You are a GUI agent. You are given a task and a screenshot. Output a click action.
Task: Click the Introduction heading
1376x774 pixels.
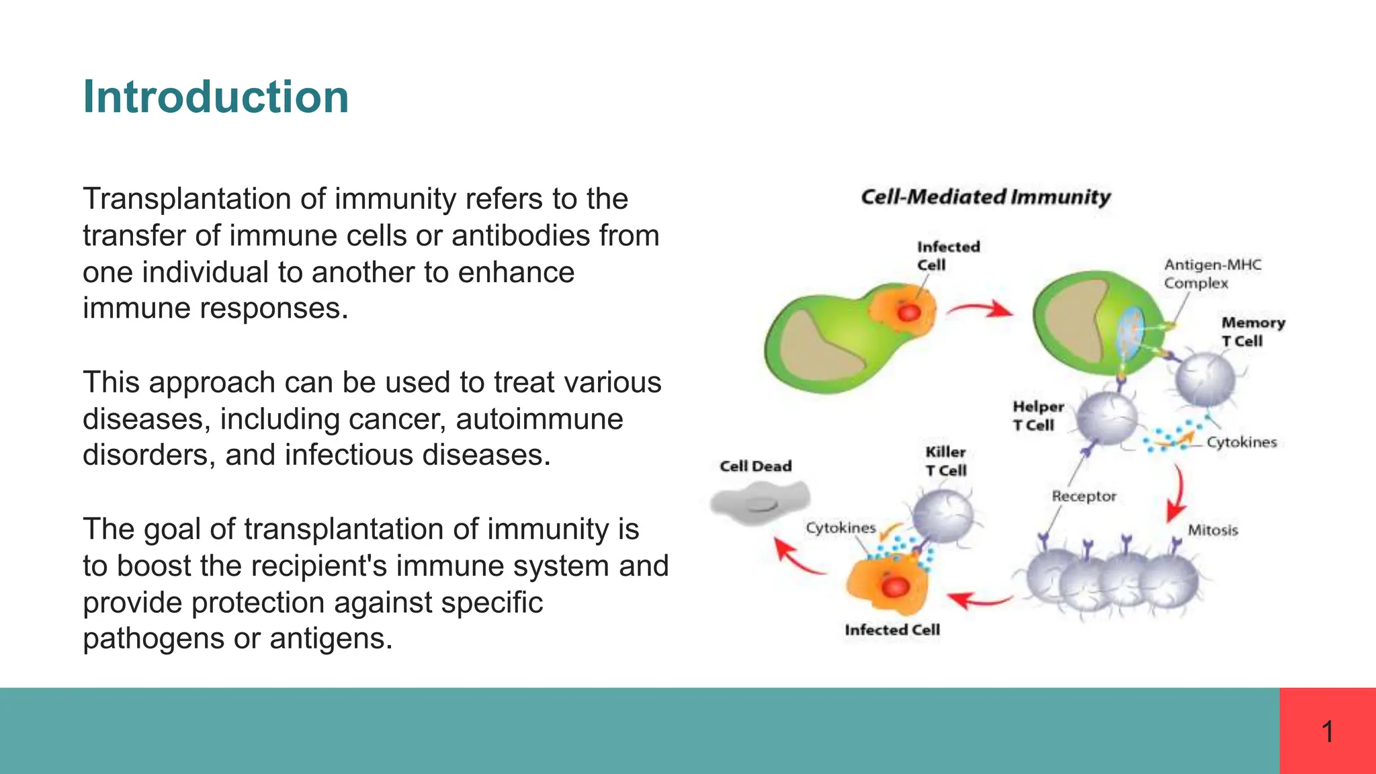[216, 97]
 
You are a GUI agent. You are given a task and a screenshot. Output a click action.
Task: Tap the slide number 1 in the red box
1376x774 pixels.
[1327, 731]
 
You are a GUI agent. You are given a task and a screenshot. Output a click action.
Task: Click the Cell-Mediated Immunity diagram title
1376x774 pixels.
[985, 197]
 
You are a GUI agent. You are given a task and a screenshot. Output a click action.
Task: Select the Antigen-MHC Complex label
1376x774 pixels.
[1212, 273]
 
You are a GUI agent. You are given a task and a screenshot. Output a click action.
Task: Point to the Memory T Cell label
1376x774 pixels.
[1252, 332]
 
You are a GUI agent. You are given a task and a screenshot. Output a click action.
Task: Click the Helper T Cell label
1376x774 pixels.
[1038, 416]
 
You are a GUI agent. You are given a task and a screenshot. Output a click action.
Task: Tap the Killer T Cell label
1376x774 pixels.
[945, 461]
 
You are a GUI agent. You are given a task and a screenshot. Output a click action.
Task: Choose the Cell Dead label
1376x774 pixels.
[755, 466]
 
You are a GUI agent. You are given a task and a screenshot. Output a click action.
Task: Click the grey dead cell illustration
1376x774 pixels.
[760, 503]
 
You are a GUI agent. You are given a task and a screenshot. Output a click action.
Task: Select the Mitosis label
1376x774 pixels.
[1212, 530]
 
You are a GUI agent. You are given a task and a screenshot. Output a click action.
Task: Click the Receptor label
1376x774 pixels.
[1083, 496]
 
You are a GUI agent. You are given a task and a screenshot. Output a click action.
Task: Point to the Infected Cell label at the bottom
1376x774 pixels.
[892, 630]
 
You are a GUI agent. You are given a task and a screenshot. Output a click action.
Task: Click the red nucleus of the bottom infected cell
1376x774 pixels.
[895, 587]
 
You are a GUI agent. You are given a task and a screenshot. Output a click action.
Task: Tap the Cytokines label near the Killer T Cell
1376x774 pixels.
[841, 528]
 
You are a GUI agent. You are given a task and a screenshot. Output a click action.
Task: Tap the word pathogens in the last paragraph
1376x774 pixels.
[153, 638]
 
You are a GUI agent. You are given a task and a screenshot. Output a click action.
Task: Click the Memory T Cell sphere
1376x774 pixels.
[1205, 380]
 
